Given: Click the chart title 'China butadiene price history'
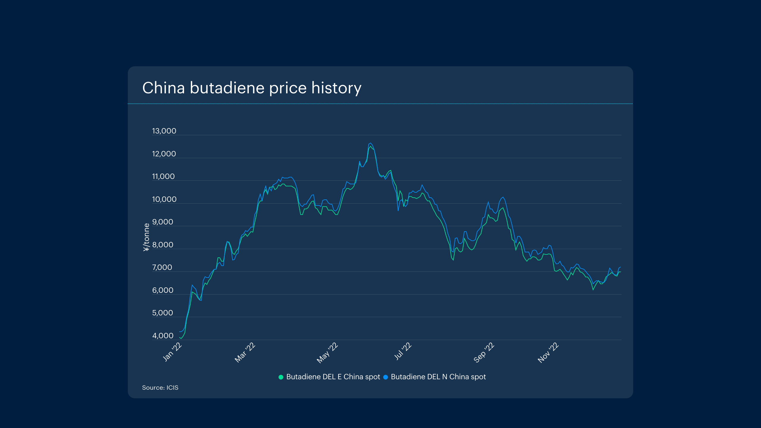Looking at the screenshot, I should click(252, 88).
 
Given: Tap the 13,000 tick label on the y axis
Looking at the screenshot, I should click(164, 131).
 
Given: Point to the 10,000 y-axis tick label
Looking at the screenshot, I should click(164, 199).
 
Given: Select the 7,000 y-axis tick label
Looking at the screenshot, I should click(162, 267).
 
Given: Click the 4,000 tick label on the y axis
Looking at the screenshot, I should click(163, 336).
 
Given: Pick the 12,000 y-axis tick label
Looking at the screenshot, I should click(164, 154).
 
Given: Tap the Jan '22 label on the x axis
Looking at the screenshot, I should click(172, 352).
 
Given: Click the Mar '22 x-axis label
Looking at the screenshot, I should click(245, 353).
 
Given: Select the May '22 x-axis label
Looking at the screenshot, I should click(327, 353).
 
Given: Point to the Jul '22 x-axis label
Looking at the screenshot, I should click(403, 351).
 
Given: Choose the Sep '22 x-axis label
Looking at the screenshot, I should click(484, 353).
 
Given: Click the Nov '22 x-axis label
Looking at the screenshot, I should click(548, 353).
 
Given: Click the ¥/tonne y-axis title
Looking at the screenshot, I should click(146, 237).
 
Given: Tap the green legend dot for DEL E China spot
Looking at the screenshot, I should click(281, 377).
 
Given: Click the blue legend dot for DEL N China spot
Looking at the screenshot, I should click(386, 377).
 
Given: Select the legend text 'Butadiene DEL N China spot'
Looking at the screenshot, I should click(438, 377).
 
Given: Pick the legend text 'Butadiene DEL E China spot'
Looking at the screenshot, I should click(333, 377).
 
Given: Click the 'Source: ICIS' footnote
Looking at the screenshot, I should click(160, 388).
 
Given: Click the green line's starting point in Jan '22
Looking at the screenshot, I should click(180, 337).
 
